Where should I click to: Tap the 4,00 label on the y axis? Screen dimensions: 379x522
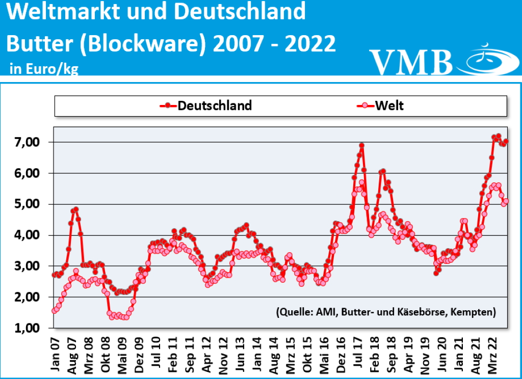(x=26, y=235)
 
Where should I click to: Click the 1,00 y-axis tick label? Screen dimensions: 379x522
(x=26, y=328)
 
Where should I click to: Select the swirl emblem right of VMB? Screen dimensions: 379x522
(x=486, y=60)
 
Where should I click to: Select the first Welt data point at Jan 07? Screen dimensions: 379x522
(x=55, y=310)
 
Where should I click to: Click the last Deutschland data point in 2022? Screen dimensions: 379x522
(x=506, y=142)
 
